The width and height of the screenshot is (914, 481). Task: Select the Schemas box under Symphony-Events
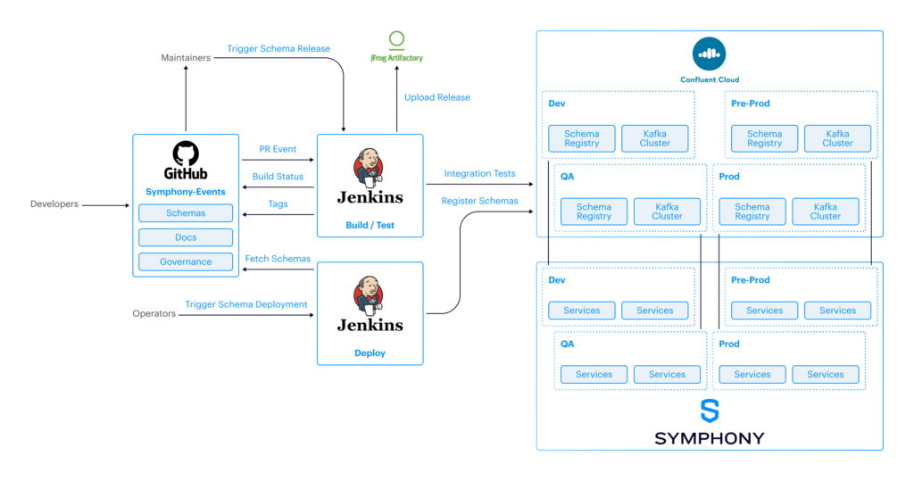[186, 213]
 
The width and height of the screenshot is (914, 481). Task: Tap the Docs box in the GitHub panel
[186, 237]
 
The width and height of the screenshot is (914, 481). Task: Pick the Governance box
[186, 262]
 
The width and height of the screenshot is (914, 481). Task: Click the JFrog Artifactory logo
[396, 39]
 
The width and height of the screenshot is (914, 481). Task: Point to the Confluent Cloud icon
[710, 54]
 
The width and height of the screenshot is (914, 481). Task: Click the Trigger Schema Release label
[278, 49]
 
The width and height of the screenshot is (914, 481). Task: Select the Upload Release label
[437, 97]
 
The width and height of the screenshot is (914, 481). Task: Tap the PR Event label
[278, 150]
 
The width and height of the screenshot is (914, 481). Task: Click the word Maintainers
[186, 58]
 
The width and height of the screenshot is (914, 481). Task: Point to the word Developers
[54, 204]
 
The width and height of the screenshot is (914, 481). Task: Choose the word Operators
[154, 313]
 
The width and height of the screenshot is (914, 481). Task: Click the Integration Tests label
[479, 173]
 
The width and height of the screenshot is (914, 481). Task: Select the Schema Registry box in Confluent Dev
[582, 138]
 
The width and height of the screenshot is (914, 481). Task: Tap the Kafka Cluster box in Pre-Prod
[837, 138]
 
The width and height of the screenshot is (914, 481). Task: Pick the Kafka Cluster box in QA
[667, 211]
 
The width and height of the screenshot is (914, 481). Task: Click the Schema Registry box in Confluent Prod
[752, 211]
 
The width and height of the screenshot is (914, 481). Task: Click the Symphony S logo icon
[710, 411]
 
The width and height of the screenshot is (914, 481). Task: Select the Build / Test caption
[370, 226]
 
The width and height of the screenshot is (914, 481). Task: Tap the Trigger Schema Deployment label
[246, 304]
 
